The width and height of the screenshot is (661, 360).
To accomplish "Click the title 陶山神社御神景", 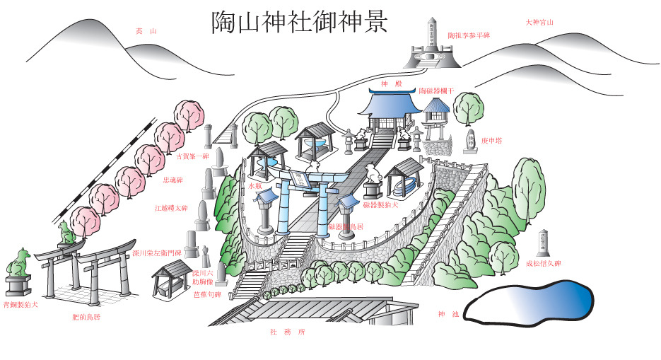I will [299, 21].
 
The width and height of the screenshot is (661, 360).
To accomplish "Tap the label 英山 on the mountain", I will [145, 30].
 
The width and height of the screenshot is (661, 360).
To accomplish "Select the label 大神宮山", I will [539, 22].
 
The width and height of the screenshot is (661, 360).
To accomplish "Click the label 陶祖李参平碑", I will [468, 35].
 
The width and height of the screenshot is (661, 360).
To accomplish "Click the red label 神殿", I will [390, 83].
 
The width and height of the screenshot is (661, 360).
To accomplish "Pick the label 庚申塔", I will [492, 141].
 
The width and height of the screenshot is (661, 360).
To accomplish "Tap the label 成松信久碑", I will [542, 263].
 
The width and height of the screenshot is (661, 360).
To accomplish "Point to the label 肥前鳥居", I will [86, 317].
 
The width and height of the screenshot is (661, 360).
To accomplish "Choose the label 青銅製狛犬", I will [21, 305].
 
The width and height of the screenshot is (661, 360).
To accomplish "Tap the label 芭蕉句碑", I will [207, 294].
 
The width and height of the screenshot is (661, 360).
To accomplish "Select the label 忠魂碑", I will [173, 180].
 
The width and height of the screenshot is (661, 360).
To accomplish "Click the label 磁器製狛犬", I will [381, 204].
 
